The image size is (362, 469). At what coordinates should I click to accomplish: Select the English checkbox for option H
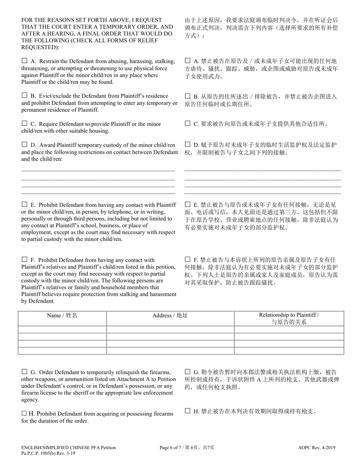coord(24,413)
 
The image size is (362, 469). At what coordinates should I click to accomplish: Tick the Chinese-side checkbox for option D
coord(187,145)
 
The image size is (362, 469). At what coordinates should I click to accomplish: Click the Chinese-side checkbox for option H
coord(187,411)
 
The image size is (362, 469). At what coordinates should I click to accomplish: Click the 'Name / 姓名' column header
coord(62,315)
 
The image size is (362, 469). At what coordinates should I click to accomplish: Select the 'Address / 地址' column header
coord(170,315)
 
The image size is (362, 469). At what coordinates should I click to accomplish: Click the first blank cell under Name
coord(62,330)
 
